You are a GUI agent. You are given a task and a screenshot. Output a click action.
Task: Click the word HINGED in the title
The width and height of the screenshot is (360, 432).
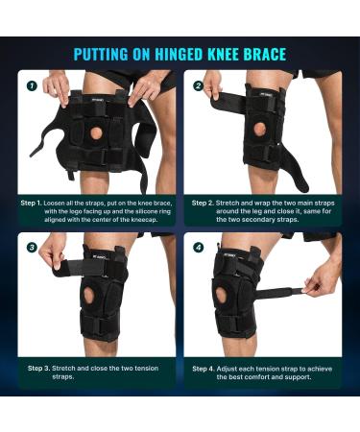(x=180, y=54)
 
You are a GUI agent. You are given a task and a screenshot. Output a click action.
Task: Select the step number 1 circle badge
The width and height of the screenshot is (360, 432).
(x=32, y=85)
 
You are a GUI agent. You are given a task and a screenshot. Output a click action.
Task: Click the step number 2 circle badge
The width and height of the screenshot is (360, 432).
(x=199, y=85)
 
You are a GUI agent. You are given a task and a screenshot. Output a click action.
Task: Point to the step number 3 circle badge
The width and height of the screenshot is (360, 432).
(x=32, y=248)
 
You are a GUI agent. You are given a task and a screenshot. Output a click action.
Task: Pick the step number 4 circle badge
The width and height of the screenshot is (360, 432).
(x=199, y=248)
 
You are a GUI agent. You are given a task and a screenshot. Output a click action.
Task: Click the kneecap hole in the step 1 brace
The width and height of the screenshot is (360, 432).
(x=95, y=132)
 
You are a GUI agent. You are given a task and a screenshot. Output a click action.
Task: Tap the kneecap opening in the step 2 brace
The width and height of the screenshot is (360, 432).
(x=260, y=130)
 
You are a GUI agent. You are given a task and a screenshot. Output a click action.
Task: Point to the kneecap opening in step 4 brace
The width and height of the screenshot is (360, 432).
(x=220, y=295)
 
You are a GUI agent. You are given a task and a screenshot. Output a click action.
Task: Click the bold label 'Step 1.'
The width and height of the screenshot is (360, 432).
(x=32, y=203)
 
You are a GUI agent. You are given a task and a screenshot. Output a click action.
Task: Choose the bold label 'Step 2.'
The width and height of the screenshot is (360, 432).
(x=203, y=203)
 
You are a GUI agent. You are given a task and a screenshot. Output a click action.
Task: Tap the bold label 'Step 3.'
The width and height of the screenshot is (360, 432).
(x=38, y=369)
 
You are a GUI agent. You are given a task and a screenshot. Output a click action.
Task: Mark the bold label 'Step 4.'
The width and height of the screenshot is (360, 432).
(x=204, y=369)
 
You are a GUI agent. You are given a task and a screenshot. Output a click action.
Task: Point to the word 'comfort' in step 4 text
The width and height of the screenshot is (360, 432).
(x=266, y=377)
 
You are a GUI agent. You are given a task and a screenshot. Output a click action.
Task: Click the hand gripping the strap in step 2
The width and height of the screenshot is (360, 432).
(x=213, y=84)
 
